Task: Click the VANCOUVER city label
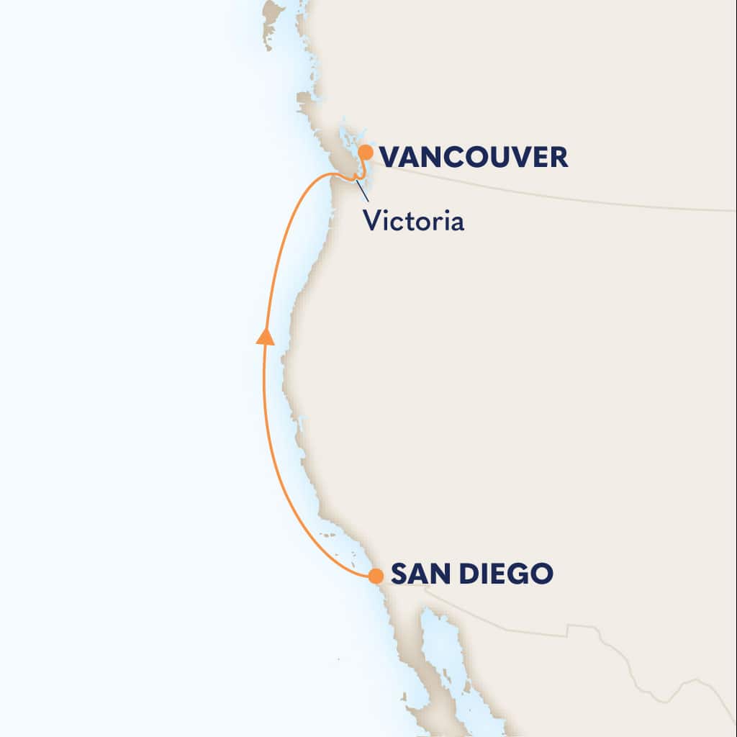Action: pyautogui.click(x=473, y=157)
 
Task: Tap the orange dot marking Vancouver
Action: pyautogui.click(x=366, y=152)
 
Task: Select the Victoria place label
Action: pyautogui.click(x=413, y=220)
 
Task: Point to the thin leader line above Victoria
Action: pyautogui.click(x=363, y=191)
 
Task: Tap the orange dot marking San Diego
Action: pyautogui.click(x=375, y=576)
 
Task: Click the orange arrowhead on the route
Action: pyautogui.click(x=266, y=336)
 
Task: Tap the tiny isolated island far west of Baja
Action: pyautogui.click(x=338, y=660)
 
